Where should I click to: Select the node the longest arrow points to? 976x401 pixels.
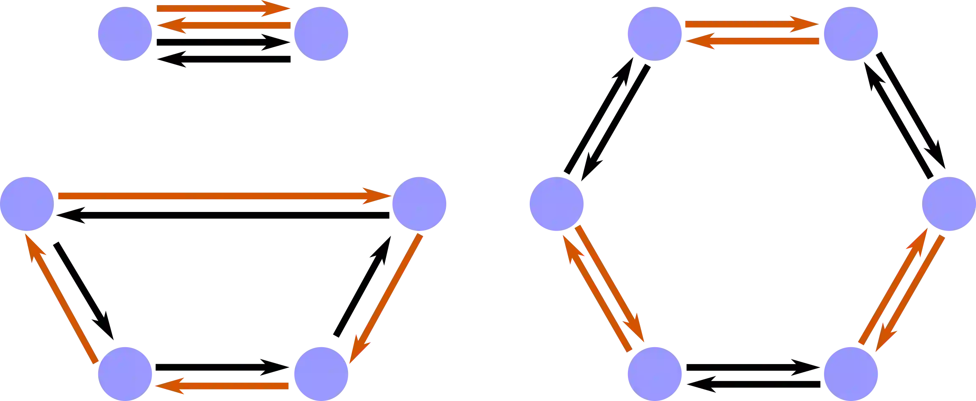click(x=419, y=204)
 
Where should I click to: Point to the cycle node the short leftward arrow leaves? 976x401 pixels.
click(x=320, y=373)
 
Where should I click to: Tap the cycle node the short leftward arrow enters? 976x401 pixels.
click(x=125, y=373)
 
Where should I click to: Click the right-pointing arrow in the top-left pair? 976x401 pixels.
click(x=220, y=8)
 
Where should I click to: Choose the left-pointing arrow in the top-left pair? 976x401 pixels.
click(x=224, y=25)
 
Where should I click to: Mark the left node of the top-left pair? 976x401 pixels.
click(x=125, y=33)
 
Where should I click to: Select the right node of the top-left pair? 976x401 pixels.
click(x=320, y=33)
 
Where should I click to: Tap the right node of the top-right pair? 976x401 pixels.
click(x=851, y=33)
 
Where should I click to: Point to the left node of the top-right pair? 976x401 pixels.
click(x=655, y=33)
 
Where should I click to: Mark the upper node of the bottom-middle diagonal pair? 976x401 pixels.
click(x=557, y=204)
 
